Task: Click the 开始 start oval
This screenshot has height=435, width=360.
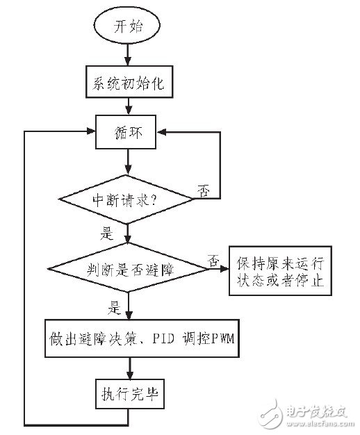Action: click(x=128, y=27)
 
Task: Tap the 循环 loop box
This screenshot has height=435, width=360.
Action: click(x=128, y=131)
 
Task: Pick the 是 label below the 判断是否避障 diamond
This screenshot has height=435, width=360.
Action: click(x=115, y=304)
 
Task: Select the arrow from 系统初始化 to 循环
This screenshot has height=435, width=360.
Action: click(x=128, y=107)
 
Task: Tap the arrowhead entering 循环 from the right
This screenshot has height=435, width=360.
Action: click(x=165, y=131)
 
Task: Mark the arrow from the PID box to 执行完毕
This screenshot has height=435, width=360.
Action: click(x=128, y=368)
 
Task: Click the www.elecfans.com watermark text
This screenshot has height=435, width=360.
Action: click(x=316, y=420)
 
